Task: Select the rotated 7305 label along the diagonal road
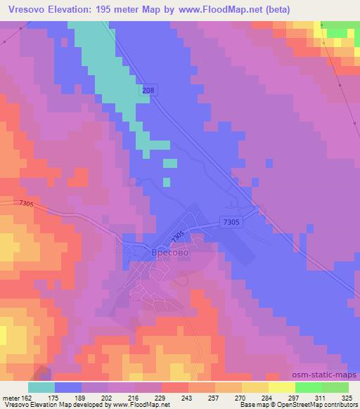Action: pyautogui.click(x=177, y=234)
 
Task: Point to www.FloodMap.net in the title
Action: pyautogui.click(x=212, y=8)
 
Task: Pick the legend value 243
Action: pyautogui.click(x=188, y=398)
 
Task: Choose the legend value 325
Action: pyautogui.click(x=346, y=398)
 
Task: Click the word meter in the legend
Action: pyautogui.click(x=10, y=398)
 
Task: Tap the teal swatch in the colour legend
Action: pyautogui.click(x=41, y=387)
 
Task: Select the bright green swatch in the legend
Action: pyautogui.click(x=309, y=387)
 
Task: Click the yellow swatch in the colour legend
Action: pyautogui.click(x=282, y=387)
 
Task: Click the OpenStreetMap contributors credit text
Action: pyautogui.click(x=324, y=405)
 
